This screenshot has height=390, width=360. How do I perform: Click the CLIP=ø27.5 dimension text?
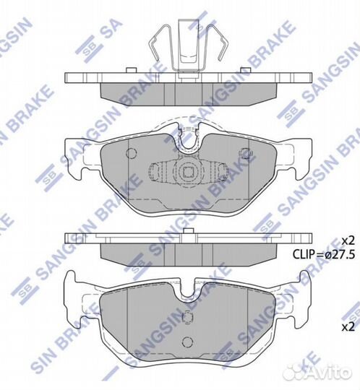click(323, 254)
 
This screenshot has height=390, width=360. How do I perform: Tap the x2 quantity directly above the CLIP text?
click(348, 240)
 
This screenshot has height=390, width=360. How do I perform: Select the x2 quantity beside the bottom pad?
click(348, 327)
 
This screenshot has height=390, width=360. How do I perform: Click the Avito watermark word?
click(328, 373)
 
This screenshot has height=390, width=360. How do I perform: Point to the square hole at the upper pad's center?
click(188, 172)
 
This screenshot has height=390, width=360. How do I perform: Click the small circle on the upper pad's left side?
click(131, 152)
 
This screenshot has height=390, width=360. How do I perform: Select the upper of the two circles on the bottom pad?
click(187, 317)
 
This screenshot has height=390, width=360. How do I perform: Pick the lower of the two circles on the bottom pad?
click(187, 342)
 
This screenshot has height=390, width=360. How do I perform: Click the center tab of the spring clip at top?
click(189, 46)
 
